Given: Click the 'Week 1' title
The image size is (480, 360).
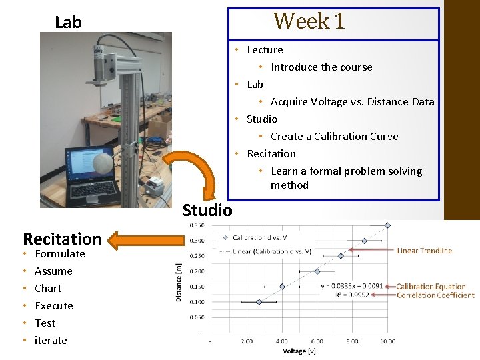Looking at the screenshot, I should pos(309,21).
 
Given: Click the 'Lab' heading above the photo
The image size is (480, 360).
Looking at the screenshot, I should pos(68,23).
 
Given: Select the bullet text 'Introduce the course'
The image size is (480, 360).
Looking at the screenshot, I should pos(321,67).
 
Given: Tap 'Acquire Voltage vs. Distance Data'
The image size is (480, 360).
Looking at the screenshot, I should pos(352,101).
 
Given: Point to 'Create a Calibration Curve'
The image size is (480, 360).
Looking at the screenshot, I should pos(334,136).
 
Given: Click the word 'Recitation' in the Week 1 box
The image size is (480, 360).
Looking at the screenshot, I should pos(271,153).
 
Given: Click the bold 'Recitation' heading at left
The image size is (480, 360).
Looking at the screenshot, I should pos(61,239).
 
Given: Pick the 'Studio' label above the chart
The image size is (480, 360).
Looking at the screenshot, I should pos(207,211).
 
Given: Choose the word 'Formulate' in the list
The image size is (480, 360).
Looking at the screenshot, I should pos(59,253).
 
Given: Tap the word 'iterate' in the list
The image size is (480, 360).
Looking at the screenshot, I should pos(51,340).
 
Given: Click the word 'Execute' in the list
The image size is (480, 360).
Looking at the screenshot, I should pos(53,305).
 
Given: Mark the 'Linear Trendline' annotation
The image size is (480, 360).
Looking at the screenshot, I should pos(424,251).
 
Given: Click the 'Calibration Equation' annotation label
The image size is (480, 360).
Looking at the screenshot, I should pos(431,287).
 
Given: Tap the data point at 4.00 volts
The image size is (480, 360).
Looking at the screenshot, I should pos(282,287).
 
